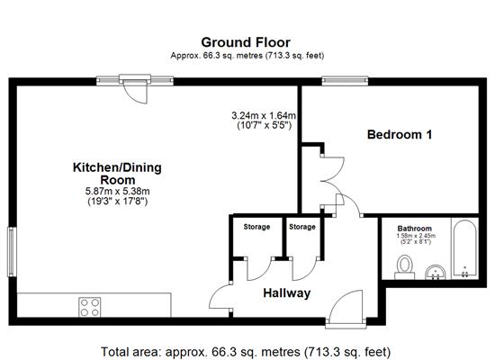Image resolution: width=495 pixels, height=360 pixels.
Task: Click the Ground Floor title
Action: tap(246, 42)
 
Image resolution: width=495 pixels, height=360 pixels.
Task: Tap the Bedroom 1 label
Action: tap(400, 134)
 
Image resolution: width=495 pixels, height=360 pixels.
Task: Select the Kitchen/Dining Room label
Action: tap(117, 174)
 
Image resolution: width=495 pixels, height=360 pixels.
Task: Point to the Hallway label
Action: tap(286, 293)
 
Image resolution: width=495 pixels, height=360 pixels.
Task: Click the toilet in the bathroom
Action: tap(404, 267)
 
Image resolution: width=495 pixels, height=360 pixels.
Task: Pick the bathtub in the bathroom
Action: tap(464, 249)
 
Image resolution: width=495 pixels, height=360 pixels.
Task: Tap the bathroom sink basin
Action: tap(436, 273)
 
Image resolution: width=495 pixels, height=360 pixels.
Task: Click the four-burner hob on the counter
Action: tap(90, 307)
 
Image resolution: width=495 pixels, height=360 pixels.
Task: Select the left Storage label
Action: tap(256, 227)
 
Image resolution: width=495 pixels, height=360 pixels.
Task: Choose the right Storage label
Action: tap(302, 227)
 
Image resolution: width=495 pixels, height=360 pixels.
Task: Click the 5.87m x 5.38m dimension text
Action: tap(117, 191)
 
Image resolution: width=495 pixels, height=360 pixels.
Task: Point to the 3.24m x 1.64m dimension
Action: tap(264, 115)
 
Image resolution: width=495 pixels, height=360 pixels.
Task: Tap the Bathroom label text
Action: tap(415, 229)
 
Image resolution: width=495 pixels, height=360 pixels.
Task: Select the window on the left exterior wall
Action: tap(12, 252)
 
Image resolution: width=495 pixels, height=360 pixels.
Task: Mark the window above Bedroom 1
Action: tap(345, 81)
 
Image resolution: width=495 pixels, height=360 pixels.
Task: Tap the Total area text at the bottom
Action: tap(246, 352)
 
